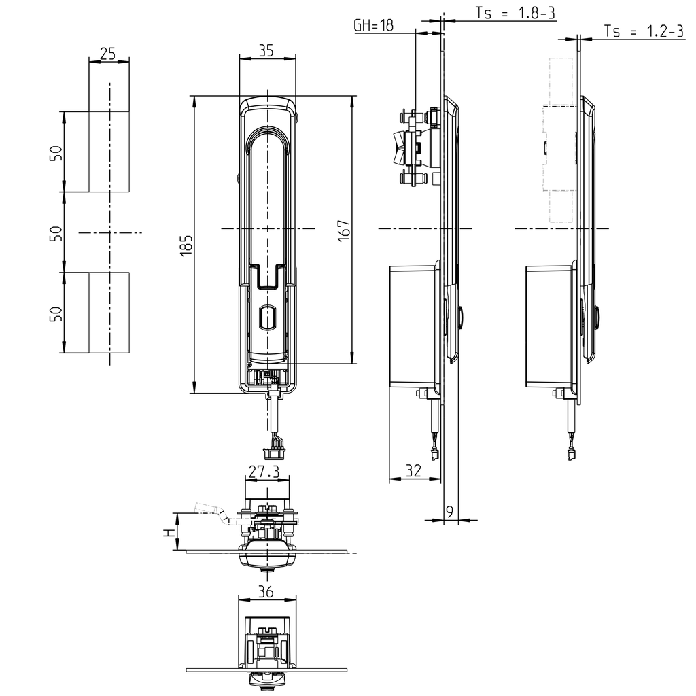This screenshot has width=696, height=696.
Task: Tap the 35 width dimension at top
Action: (x=267, y=50)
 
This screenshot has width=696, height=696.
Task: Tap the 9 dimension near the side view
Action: (x=449, y=510)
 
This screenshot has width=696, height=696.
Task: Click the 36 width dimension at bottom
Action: (x=266, y=592)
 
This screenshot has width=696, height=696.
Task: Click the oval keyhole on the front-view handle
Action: (x=267, y=317)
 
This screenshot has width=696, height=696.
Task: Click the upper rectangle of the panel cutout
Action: (x=109, y=152)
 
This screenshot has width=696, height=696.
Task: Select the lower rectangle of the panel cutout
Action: (x=109, y=313)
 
